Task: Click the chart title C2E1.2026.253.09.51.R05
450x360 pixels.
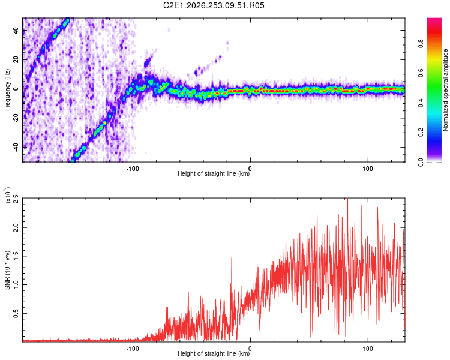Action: pyautogui.click(x=214, y=5)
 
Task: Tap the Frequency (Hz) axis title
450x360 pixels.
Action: pyautogui.click(x=7, y=90)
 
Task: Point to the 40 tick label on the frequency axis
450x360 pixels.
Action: pyautogui.click(x=16, y=30)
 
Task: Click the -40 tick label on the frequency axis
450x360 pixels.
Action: pyautogui.click(x=16, y=147)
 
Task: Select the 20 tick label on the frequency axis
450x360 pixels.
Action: pyautogui.click(x=16, y=59)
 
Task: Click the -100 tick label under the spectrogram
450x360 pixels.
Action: pyautogui.click(x=133, y=169)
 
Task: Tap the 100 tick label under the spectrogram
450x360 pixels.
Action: pyautogui.click(x=368, y=169)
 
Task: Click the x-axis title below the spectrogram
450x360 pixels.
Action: pyautogui.click(x=214, y=173)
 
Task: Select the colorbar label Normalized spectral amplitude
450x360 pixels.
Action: pyautogui.click(x=445, y=90)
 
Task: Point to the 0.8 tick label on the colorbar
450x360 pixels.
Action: pyautogui.click(x=421, y=44)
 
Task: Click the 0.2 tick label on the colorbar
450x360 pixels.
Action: pyautogui.click(x=421, y=133)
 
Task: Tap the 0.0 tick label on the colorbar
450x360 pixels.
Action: pyautogui.click(x=421, y=162)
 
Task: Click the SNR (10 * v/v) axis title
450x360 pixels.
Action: pyautogui.click(x=7, y=270)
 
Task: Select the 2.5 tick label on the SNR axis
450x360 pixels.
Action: pyautogui.click(x=16, y=199)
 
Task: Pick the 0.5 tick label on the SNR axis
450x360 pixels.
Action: pyautogui.click(x=16, y=313)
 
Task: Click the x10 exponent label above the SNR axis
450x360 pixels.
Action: pyautogui.click(x=8, y=195)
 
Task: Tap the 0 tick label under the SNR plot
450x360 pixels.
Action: pyautogui.click(x=250, y=349)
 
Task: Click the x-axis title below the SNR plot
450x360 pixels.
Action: pyautogui.click(x=214, y=353)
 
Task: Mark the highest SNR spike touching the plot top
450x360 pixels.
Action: pyautogui.click(x=347, y=199)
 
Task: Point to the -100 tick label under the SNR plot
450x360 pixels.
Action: pyautogui.click(x=133, y=349)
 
